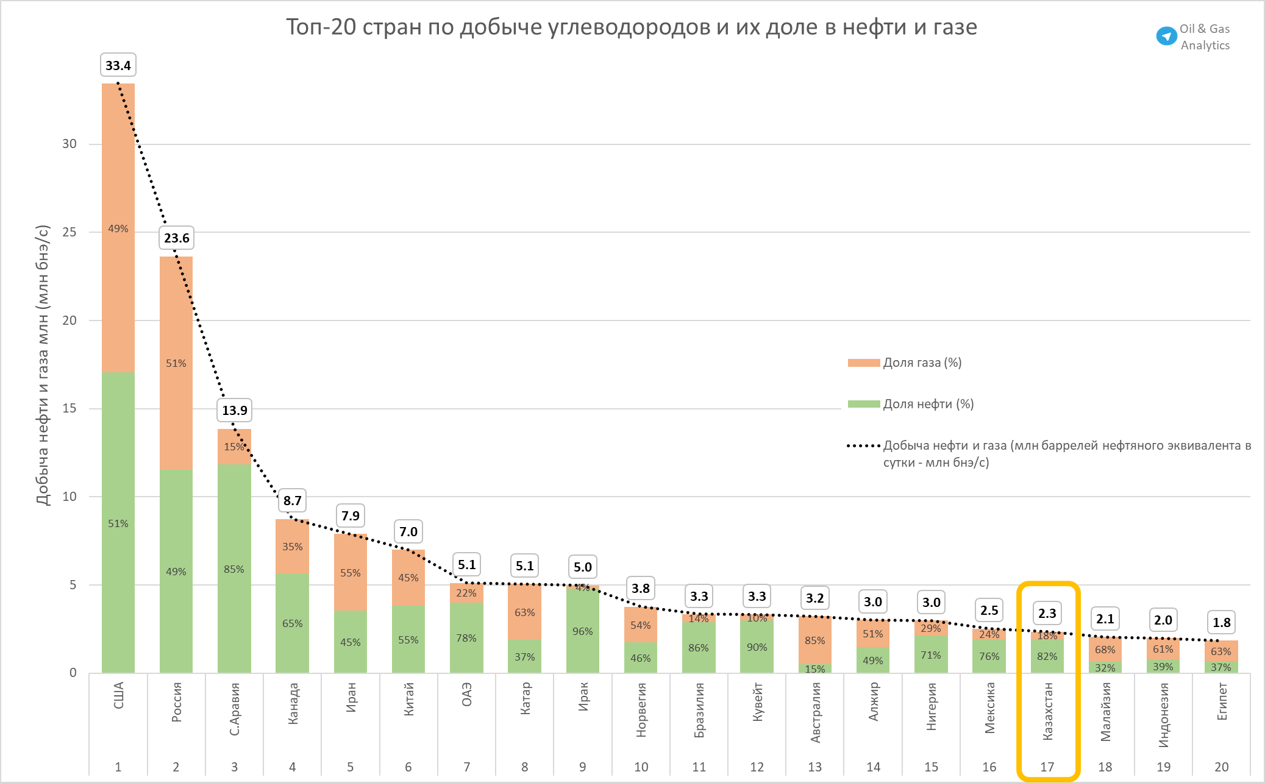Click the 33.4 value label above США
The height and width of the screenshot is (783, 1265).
118,65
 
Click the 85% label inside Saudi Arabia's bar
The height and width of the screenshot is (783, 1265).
234,569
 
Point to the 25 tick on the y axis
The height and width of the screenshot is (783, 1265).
69,232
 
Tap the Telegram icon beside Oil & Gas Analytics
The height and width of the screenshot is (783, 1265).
1166,36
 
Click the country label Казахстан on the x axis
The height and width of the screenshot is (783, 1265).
1047,711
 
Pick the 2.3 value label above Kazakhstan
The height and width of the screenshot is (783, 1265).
1047,613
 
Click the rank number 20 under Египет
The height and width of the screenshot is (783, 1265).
1221,767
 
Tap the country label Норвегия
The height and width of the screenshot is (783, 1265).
641,710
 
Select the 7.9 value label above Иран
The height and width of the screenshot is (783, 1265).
351,516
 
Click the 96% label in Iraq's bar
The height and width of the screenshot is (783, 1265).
583,631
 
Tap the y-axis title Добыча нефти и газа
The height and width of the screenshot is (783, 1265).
42,366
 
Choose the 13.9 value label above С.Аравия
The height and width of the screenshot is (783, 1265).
235,410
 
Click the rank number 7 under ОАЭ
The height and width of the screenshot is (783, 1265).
466,767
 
